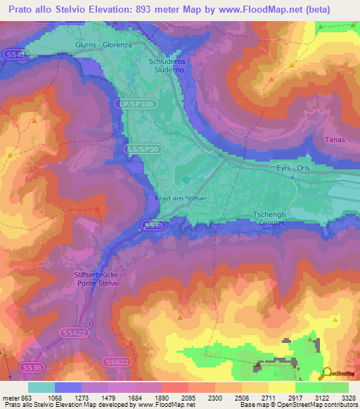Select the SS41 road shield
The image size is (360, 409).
click(x=18, y=54)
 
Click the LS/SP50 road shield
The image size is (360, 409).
click(x=143, y=150)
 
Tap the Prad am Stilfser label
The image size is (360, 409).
click(x=181, y=199)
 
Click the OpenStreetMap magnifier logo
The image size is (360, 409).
click(x=327, y=373)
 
